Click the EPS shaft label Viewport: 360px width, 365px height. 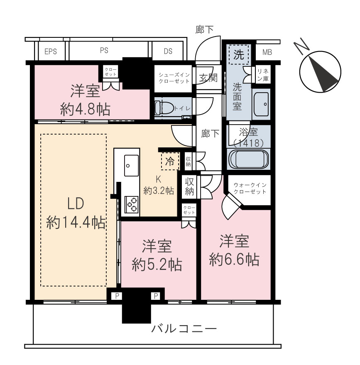(x=51, y=51)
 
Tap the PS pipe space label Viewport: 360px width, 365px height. (x=104, y=51)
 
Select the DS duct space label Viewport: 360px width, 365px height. (x=168, y=51)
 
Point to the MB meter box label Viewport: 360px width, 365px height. (x=267, y=52)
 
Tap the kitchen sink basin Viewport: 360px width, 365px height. (x=131, y=166)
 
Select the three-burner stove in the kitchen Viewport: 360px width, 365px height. (x=132, y=205)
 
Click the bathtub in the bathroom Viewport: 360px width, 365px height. (x=249, y=159)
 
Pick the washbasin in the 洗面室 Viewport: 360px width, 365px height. (x=261, y=104)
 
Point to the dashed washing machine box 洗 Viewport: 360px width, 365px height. (x=239, y=55)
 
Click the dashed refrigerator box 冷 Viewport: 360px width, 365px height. (x=170, y=161)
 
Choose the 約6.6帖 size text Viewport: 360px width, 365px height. (x=234, y=260)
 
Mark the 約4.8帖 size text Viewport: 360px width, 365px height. (x=85, y=110)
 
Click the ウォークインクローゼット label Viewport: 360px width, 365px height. (x=250, y=189)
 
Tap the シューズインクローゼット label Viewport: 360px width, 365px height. (x=174, y=78)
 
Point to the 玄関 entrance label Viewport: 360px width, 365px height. (x=208, y=78)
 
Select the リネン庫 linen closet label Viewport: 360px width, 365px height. (x=263, y=75)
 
